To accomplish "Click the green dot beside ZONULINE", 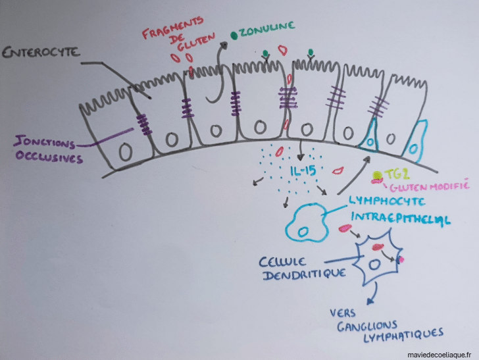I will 234,35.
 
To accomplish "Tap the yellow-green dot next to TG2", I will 376,176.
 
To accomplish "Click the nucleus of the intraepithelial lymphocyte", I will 303,231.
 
